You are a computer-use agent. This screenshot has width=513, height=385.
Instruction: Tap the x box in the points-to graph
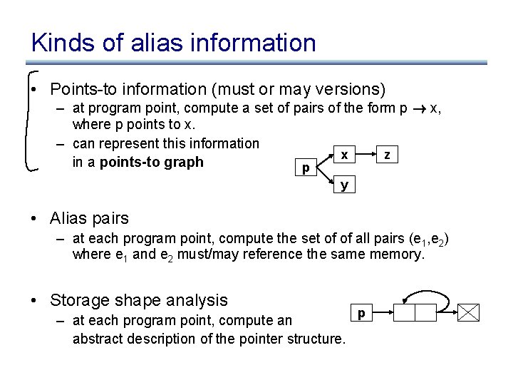344,155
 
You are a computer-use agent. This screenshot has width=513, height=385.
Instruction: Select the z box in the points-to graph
387,155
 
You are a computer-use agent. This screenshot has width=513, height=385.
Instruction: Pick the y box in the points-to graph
344,185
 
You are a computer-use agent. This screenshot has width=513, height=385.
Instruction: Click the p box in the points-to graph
306,169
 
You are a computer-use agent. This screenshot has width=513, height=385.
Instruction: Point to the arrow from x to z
366,155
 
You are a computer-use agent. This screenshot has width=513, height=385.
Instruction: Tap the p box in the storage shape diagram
361,312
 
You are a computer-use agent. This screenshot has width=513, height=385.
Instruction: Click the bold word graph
183,162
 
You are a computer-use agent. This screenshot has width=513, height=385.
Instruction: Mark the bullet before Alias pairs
33,218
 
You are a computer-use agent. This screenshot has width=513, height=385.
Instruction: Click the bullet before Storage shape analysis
33,300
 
